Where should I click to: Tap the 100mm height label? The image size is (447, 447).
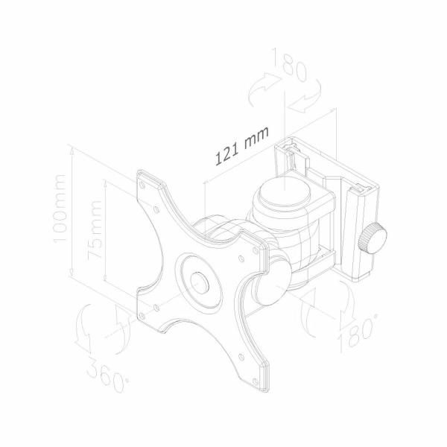(59, 209)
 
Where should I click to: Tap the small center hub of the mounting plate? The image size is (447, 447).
(200, 283)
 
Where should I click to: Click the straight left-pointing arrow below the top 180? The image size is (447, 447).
(306, 105)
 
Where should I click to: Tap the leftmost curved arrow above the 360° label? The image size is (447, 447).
(86, 328)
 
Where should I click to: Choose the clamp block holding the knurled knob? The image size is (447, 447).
(358, 231)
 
